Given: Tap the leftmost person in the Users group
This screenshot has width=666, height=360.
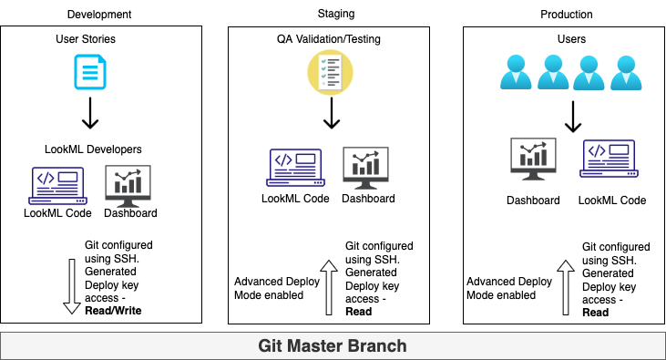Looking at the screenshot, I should click(517, 73).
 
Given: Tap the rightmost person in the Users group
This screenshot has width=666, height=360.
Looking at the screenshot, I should click(627, 73).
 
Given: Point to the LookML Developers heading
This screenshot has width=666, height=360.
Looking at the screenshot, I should click(93, 149).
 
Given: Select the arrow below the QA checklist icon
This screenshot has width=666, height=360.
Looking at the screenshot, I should click(332, 113).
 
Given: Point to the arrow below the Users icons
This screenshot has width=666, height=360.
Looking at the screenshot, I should click(572, 117).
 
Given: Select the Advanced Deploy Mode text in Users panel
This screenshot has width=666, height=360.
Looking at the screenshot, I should click(508, 288).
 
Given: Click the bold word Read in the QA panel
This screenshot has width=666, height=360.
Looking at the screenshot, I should click(359, 312).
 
